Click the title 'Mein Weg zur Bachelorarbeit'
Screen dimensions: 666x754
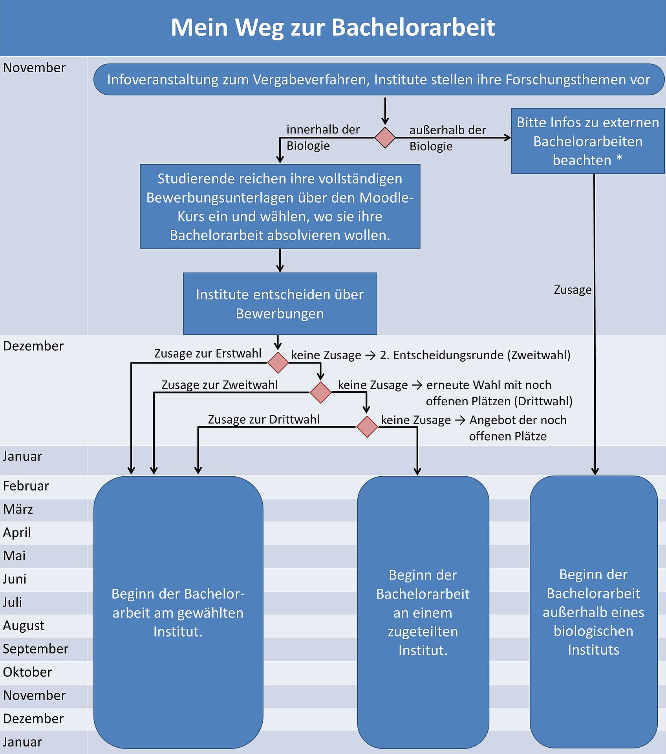coord(333,27)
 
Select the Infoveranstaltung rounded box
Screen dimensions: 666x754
coord(379,79)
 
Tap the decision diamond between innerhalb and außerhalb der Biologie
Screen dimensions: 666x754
coord(385,137)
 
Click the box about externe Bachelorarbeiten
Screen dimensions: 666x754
coord(588,141)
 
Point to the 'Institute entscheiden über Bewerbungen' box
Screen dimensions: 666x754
coord(280,304)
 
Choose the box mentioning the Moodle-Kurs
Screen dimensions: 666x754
coord(280,207)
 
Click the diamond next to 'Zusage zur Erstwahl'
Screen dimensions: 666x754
coord(278,362)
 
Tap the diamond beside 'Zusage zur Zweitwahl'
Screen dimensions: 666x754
coord(321,392)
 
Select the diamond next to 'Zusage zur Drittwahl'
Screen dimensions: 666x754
coord(367,427)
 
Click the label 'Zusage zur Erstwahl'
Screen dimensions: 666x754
coord(208,353)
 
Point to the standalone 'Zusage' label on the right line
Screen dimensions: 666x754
coord(573,290)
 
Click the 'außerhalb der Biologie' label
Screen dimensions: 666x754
coord(448,138)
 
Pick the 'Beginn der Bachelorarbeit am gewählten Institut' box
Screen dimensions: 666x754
coord(178,612)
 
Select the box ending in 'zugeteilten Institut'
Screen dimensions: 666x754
coord(423,612)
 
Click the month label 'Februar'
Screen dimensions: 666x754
coord(26,486)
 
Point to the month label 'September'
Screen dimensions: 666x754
coord(36,649)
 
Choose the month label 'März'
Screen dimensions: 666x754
coord(18,509)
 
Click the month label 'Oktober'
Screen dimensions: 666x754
coord(27,672)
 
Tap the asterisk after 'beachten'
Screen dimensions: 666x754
coord(619,158)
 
